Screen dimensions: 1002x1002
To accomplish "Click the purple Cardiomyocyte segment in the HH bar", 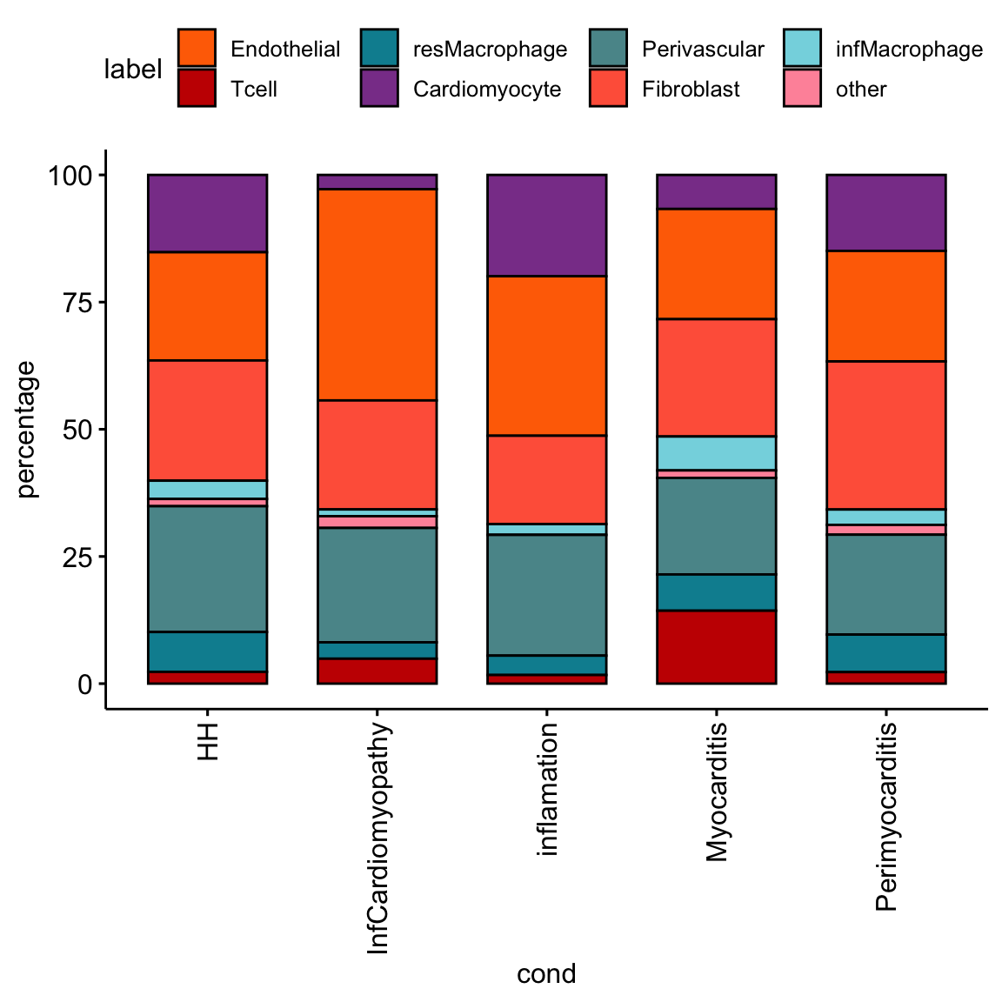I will (207, 213).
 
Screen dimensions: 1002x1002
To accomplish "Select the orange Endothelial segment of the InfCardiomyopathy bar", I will (377, 294).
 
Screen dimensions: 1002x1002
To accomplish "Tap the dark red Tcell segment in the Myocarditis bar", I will (716, 646).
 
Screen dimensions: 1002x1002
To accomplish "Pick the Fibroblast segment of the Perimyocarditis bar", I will (885, 434).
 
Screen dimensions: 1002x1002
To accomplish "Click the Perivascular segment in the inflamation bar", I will (546, 594).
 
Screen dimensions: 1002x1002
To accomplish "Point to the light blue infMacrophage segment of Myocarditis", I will (716, 452).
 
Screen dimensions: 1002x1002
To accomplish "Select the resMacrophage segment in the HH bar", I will (207, 651).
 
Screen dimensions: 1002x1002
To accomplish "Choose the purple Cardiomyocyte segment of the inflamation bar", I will (546, 224).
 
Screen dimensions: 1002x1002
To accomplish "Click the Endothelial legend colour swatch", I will (197, 49).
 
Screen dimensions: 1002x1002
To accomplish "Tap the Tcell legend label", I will (254, 89).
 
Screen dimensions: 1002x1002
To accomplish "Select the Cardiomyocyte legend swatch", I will (379, 89).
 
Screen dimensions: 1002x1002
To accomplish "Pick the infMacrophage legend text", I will (909, 49).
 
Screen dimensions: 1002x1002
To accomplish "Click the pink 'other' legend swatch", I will (802, 89).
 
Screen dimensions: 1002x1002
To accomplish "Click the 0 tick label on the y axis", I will (84, 684).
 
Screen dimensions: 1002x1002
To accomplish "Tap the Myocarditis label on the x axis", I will (716, 792).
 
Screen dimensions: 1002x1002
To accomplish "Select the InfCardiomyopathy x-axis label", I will (377, 838).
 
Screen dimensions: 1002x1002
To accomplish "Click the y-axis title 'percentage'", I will (27, 429).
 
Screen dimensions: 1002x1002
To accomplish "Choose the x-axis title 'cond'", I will (546, 973).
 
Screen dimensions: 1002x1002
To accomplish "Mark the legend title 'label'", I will (133, 69).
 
